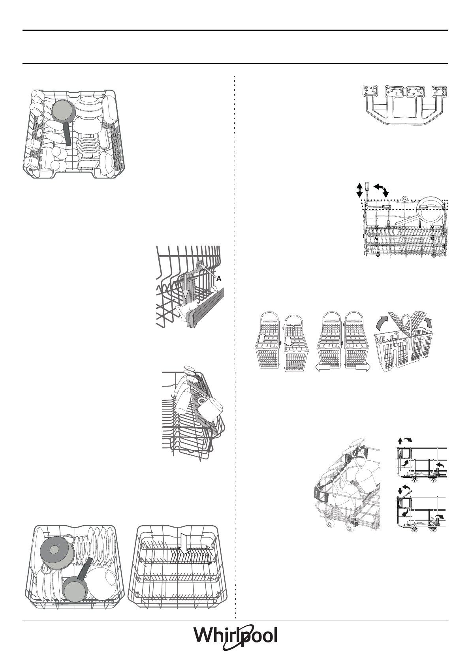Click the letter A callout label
(x=219, y=278)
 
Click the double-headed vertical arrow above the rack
(x=359, y=190)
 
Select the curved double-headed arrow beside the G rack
(x=381, y=189)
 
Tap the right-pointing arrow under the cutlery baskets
(x=362, y=368)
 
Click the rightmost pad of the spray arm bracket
(x=441, y=91)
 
